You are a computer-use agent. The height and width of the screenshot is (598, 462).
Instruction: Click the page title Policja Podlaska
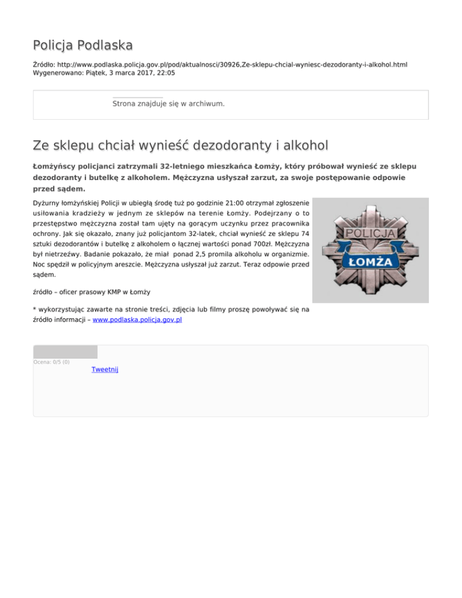point(83,45)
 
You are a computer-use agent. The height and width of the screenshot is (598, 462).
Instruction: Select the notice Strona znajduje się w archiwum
point(168,104)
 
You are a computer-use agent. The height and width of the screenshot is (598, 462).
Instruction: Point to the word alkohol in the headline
point(303,146)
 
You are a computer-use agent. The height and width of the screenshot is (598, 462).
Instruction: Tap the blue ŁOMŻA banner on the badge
point(370,262)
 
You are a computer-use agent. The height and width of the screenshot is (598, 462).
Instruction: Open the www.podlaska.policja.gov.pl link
point(137,320)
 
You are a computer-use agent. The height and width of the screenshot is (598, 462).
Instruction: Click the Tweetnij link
point(105,369)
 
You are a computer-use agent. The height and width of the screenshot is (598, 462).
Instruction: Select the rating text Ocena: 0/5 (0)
point(51,362)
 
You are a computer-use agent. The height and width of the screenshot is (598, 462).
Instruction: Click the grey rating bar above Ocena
point(65,352)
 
